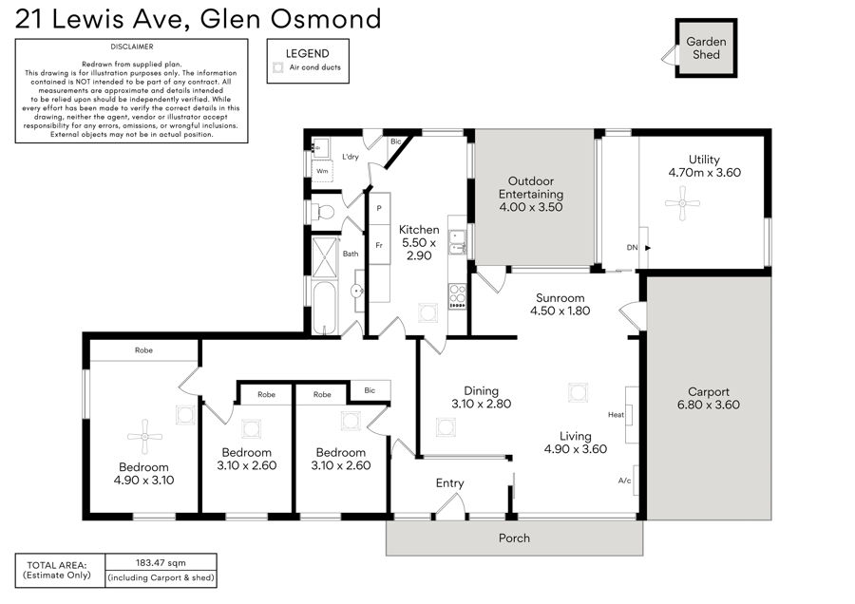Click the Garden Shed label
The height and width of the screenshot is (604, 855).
706,48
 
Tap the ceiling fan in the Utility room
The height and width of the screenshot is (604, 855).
682,203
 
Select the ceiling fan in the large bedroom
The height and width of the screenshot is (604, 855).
144,437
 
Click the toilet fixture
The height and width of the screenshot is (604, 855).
322,212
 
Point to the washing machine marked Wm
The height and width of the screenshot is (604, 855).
322,170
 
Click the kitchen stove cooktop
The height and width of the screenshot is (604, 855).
458,296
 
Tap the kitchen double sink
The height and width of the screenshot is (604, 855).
457,242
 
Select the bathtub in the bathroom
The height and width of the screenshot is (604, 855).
325,308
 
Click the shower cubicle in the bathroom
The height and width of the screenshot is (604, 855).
326,256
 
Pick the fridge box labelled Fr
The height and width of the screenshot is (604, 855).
379,245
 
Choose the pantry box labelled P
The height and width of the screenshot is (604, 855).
379,208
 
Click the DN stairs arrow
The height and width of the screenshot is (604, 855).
648,248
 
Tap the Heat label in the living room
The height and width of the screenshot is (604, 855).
616,415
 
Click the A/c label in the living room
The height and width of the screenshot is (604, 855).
624,481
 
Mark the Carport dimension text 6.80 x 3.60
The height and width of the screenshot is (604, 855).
709,405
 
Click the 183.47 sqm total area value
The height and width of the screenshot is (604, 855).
161,562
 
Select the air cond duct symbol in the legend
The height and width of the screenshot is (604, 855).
278,67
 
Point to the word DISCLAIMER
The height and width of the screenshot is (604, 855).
131,47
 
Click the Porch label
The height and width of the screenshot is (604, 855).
514,538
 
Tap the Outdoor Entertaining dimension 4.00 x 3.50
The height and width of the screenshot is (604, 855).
530,207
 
